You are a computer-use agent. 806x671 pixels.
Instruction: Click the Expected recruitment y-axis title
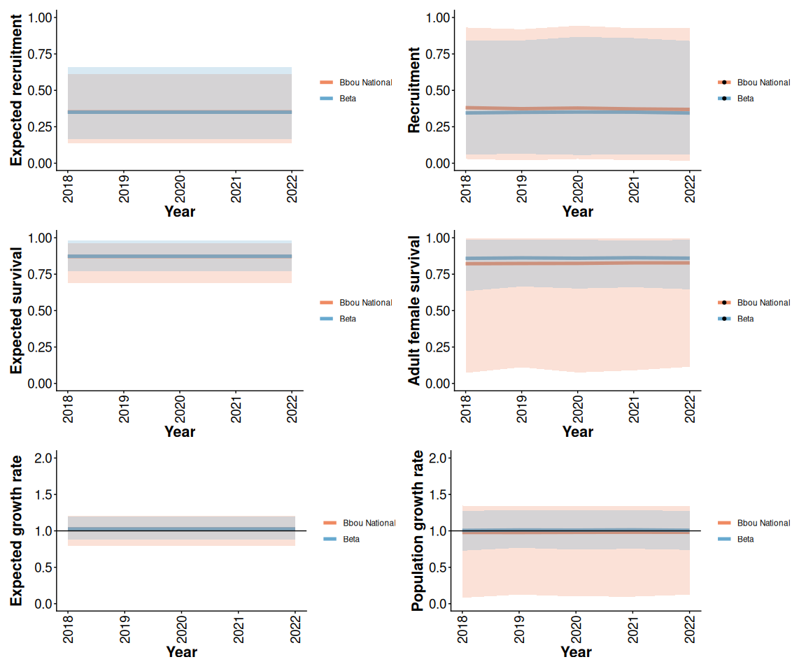(16, 89)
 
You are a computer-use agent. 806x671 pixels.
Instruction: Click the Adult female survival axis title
(414, 310)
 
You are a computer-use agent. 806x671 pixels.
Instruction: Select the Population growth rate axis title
(418, 531)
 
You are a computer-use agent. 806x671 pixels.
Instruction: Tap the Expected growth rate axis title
(16, 531)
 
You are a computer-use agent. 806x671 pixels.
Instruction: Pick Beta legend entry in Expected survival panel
(347, 319)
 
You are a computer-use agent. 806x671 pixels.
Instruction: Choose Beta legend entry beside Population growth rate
(745, 540)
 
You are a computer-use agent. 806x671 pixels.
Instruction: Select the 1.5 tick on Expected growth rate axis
(42, 495)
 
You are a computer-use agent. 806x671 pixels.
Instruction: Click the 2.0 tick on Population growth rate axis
(437, 459)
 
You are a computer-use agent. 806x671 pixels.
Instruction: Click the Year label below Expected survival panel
(180, 431)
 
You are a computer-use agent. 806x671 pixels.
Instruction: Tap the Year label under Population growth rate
(576, 652)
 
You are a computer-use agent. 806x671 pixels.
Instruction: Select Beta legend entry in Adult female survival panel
(745, 319)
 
